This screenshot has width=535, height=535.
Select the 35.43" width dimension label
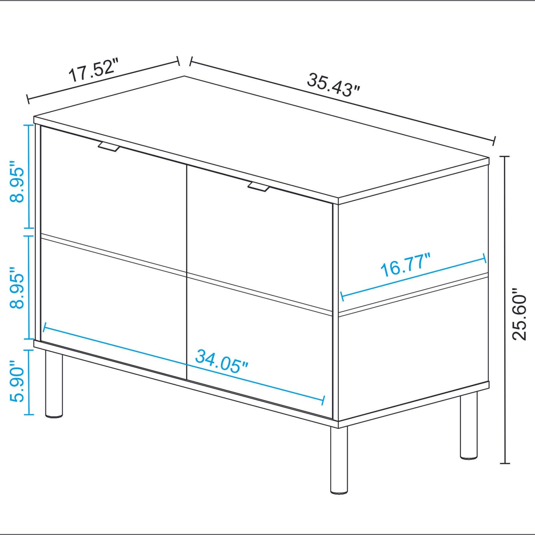[x=333, y=85]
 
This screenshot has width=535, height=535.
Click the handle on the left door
[x=109, y=147]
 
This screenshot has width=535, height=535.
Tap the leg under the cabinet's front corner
[x=339, y=459]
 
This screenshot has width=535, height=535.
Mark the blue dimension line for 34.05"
[x=184, y=364]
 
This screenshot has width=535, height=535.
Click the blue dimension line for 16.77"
[x=414, y=278]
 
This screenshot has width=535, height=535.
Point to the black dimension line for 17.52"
[x=103, y=80]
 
